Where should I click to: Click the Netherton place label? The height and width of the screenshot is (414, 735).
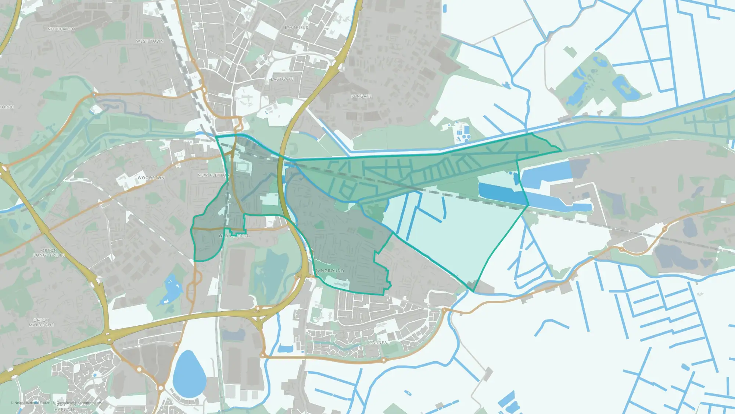click(x=61, y=29)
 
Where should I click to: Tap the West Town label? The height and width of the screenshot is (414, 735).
click(x=150, y=41)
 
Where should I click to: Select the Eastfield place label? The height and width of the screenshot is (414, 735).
click(x=297, y=28)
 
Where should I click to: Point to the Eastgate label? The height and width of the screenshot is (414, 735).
click(x=282, y=79)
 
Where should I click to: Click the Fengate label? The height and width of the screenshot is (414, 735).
click(x=362, y=96)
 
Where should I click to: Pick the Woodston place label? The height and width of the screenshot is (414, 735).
click(x=151, y=178)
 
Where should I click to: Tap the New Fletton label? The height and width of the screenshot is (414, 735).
click(x=214, y=175)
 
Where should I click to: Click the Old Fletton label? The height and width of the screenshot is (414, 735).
click(x=234, y=236)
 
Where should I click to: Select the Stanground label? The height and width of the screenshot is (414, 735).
click(x=328, y=271)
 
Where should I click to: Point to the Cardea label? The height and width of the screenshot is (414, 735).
click(x=378, y=343)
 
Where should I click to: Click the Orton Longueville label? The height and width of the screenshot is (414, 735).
click(x=49, y=253)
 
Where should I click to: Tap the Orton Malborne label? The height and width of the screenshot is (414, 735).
click(x=42, y=323)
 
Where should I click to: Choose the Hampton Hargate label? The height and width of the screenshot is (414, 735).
click(x=65, y=407)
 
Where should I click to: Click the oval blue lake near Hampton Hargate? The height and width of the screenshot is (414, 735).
click(x=189, y=374)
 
